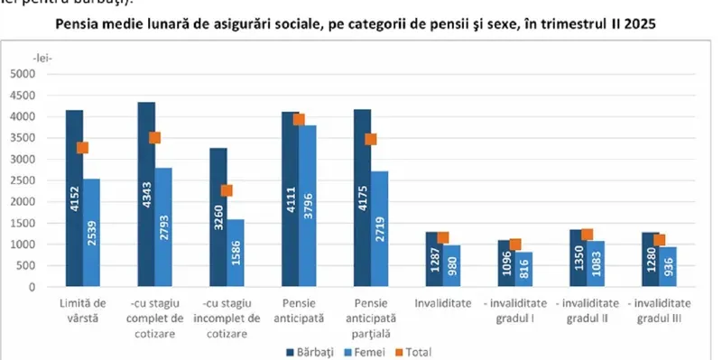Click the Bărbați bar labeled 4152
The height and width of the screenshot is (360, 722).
pyautogui.click(x=74, y=198)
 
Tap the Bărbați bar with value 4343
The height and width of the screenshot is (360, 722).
pyautogui.click(x=146, y=194)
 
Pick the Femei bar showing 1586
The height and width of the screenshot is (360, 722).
pyautogui.click(x=235, y=254)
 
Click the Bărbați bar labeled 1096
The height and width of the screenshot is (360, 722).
pyautogui.click(x=505, y=263)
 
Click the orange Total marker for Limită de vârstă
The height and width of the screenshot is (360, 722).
pyautogui.click(x=82, y=148)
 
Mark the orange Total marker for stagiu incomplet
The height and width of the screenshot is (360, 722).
pyautogui.click(x=227, y=190)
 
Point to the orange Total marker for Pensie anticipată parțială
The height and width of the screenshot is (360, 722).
pyautogui.click(x=370, y=139)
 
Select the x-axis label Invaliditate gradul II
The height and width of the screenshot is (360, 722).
pyautogui.click(x=587, y=312)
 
